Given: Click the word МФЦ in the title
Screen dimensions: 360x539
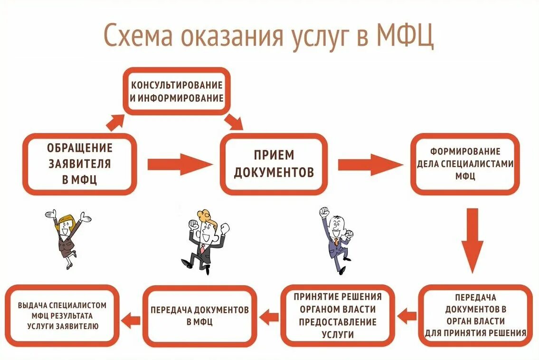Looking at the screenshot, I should click(405, 37).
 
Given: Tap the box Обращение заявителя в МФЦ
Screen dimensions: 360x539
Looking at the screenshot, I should click(79, 164).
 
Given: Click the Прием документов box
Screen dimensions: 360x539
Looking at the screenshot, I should click(274, 164).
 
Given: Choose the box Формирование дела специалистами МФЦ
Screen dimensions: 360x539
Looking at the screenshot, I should click(465, 164).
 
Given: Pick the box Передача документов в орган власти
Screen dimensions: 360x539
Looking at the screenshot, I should click(475, 315).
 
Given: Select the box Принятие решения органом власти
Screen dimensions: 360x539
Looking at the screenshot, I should click(337, 315).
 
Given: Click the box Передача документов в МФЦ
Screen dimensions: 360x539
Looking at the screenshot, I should click(199, 315).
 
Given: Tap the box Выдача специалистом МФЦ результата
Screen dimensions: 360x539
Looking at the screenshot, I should click(62, 315).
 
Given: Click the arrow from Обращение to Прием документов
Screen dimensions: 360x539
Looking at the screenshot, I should click(180, 164).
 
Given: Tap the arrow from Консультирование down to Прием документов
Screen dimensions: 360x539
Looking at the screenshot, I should click(235, 122).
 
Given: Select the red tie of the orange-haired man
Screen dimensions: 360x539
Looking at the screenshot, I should click(203, 249).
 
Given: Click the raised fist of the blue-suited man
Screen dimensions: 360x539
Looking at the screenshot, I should click(324, 211).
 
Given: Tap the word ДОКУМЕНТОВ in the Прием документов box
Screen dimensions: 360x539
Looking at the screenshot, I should click(274, 172).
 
